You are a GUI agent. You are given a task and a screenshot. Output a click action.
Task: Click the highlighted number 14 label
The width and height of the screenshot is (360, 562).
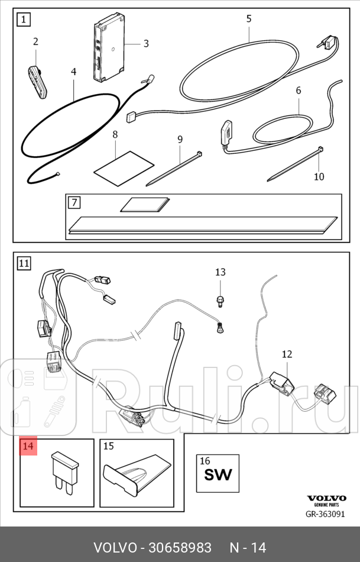click(x=28, y=447)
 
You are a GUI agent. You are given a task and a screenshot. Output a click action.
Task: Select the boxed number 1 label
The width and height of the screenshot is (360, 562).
click(x=23, y=21)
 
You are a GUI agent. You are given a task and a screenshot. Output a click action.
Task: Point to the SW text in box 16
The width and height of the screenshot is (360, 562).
click(x=218, y=474)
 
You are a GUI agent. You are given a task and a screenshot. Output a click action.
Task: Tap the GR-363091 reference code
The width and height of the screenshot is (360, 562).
click(x=325, y=514)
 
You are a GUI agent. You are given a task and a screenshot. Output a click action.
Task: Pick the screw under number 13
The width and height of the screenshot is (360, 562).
click(x=220, y=300)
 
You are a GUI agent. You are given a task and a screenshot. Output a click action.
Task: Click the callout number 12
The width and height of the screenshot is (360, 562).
click(x=287, y=354)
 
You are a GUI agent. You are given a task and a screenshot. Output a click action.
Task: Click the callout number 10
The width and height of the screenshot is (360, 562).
click(x=319, y=176)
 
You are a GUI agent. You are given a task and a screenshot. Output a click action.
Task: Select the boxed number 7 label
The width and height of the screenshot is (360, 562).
click(x=74, y=203)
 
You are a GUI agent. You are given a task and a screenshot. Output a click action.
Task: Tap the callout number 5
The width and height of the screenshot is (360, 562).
click(x=249, y=19)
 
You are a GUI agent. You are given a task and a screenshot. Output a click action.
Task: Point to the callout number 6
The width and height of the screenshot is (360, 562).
click(x=299, y=91)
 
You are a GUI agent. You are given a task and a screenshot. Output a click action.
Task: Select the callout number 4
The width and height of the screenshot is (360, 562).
click(x=74, y=72)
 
